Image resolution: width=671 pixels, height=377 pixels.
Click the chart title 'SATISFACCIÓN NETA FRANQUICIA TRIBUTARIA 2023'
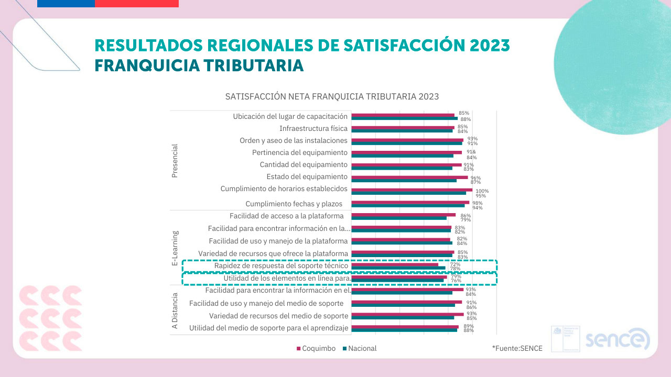332,97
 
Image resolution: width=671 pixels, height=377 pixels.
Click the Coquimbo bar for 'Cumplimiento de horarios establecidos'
412,190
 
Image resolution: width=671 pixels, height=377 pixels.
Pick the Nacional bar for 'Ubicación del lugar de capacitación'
404,118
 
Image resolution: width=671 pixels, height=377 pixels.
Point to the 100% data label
482,191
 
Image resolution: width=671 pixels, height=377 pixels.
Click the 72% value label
455,264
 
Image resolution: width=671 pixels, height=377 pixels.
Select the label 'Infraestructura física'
313,128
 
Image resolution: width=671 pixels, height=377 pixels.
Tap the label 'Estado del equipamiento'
307,176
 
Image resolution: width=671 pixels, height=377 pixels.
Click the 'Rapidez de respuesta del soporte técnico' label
281,266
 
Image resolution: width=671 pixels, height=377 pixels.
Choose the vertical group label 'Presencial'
175,161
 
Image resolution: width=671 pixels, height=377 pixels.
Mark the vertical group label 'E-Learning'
175,248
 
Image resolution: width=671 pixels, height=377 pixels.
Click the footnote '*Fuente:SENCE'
517,348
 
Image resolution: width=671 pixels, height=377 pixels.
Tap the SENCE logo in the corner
617,340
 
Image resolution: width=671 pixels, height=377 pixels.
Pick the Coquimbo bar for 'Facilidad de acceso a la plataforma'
403,215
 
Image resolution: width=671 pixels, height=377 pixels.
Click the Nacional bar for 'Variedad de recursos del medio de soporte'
403,317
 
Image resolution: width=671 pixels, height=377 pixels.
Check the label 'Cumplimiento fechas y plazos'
294,204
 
